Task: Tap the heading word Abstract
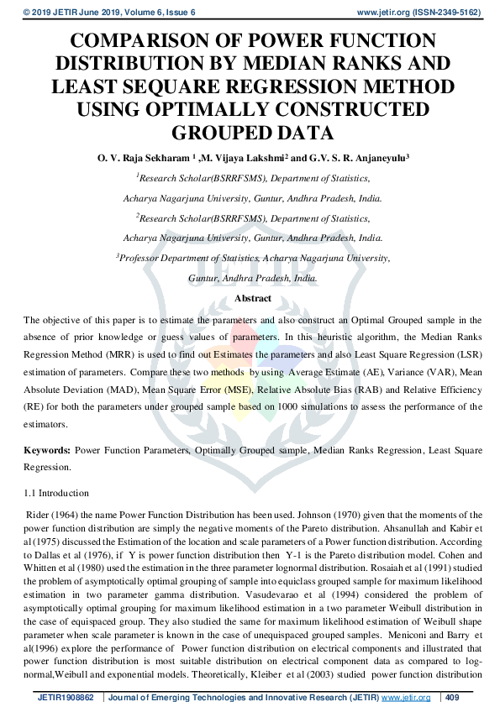pos(252,298)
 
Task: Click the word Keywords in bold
pos(45,451)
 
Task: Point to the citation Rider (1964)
pos(51,515)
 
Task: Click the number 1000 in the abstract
pos(299,407)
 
